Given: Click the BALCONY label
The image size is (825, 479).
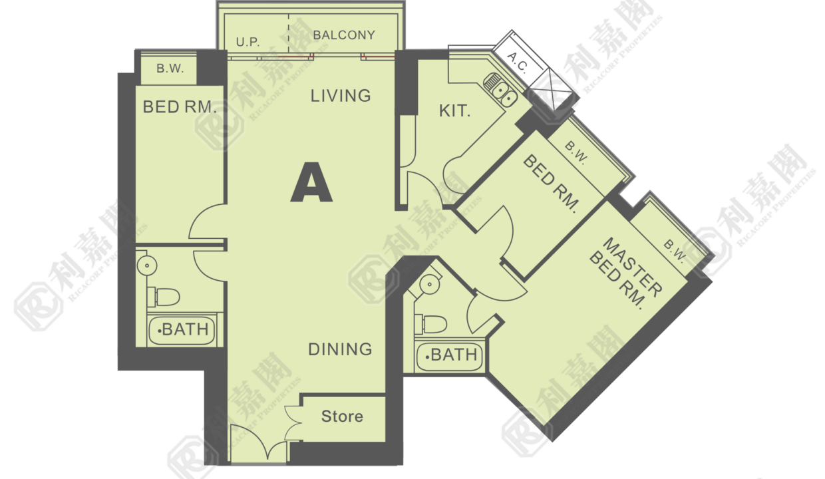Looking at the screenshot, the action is (x=344, y=35).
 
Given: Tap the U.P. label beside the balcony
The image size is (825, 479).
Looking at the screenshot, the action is (x=248, y=42).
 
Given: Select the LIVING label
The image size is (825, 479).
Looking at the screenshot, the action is (x=341, y=96).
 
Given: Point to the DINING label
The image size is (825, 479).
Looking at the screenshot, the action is (x=340, y=349).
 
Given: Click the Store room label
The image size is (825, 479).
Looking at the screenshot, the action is (x=342, y=416).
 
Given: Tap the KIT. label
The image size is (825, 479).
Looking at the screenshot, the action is (x=455, y=111).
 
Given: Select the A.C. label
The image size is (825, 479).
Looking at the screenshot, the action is (x=518, y=63).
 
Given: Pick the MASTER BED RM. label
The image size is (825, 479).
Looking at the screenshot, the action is (x=625, y=273).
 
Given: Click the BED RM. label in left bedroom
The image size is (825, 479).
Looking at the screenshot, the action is (x=179, y=107).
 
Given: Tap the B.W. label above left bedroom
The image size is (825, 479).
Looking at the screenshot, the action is (x=170, y=69).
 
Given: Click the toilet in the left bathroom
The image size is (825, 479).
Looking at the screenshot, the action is (x=163, y=297).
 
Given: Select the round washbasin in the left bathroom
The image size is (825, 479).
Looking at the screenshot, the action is (x=147, y=265).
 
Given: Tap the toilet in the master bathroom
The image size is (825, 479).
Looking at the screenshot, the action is (x=430, y=325).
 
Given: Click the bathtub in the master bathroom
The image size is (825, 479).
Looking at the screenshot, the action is (x=449, y=355).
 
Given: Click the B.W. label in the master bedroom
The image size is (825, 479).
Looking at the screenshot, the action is (x=674, y=252).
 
